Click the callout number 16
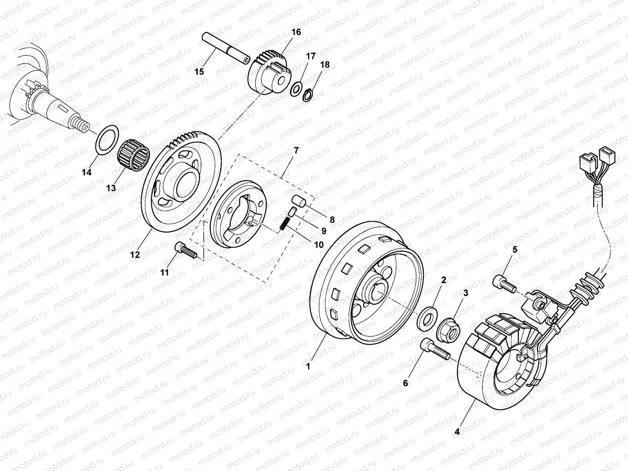[296, 32]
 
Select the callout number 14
[86, 172]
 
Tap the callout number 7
[296, 150]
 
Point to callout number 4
[457, 432]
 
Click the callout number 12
[135, 254]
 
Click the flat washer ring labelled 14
[107, 140]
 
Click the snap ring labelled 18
[308, 95]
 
